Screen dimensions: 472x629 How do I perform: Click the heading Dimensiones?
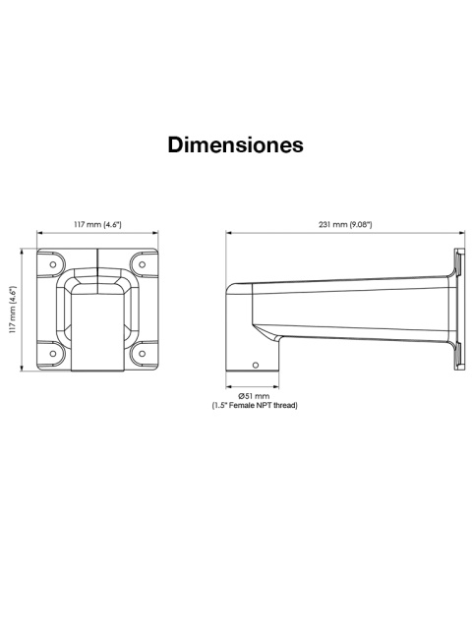click(x=236, y=144)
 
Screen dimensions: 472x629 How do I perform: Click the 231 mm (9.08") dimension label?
click(x=345, y=224)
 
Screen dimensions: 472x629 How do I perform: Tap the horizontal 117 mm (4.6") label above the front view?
click(x=97, y=224)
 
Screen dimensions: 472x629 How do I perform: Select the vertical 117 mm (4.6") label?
click(x=13, y=310)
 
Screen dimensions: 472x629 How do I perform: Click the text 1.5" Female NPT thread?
click(x=255, y=405)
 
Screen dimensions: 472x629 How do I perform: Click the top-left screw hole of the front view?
click(x=52, y=264)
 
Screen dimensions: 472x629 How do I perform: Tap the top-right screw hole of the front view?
click(x=142, y=264)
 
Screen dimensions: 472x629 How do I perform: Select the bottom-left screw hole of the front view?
click(x=52, y=354)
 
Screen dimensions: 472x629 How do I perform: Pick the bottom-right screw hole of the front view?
click(x=142, y=354)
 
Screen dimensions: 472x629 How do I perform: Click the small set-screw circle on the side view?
click(x=256, y=365)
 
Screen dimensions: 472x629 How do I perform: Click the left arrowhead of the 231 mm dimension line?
click(x=229, y=232)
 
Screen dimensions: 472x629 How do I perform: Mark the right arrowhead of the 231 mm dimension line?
click(x=461, y=232)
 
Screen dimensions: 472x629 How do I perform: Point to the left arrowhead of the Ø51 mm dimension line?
click(x=229, y=386)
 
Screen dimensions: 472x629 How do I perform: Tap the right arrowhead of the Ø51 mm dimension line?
click(x=275, y=386)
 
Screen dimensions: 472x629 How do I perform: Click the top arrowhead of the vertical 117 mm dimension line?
click(x=22, y=252)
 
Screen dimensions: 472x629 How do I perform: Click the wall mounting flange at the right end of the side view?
click(x=459, y=310)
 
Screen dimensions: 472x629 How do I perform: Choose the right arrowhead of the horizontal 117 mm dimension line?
click(x=154, y=232)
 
